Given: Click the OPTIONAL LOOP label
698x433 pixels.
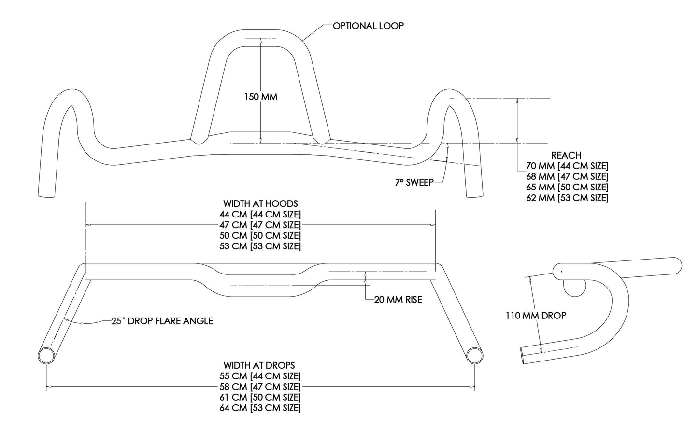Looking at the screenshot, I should (x=368, y=26).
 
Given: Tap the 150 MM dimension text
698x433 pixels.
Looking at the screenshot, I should (x=261, y=97).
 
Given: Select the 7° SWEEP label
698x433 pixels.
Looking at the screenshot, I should (x=414, y=182).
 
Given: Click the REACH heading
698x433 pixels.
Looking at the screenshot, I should (x=566, y=155).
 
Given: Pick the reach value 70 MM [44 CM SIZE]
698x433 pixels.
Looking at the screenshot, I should (x=567, y=166).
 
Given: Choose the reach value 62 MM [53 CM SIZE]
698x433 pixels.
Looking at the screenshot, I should (x=567, y=198).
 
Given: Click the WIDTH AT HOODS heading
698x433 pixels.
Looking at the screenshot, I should (x=260, y=203).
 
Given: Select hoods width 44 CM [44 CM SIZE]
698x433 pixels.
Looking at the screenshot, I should (x=260, y=214).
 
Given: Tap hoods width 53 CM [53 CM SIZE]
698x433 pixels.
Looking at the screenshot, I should (x=260, y=246).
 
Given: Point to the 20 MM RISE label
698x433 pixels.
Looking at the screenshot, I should (x=398, y=300).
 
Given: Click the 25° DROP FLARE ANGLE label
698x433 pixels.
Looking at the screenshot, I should (x=162, y=321).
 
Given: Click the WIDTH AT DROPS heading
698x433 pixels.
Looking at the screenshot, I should (x=259, y=365).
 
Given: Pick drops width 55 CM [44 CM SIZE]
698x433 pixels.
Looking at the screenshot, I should (x=260, y=376).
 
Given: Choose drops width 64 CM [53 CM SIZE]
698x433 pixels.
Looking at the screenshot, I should (x=260, y=408).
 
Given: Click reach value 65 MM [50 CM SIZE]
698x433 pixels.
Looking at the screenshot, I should (x=567, y=187).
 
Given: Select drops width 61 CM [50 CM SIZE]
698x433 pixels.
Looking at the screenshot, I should (x=260, y=397).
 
